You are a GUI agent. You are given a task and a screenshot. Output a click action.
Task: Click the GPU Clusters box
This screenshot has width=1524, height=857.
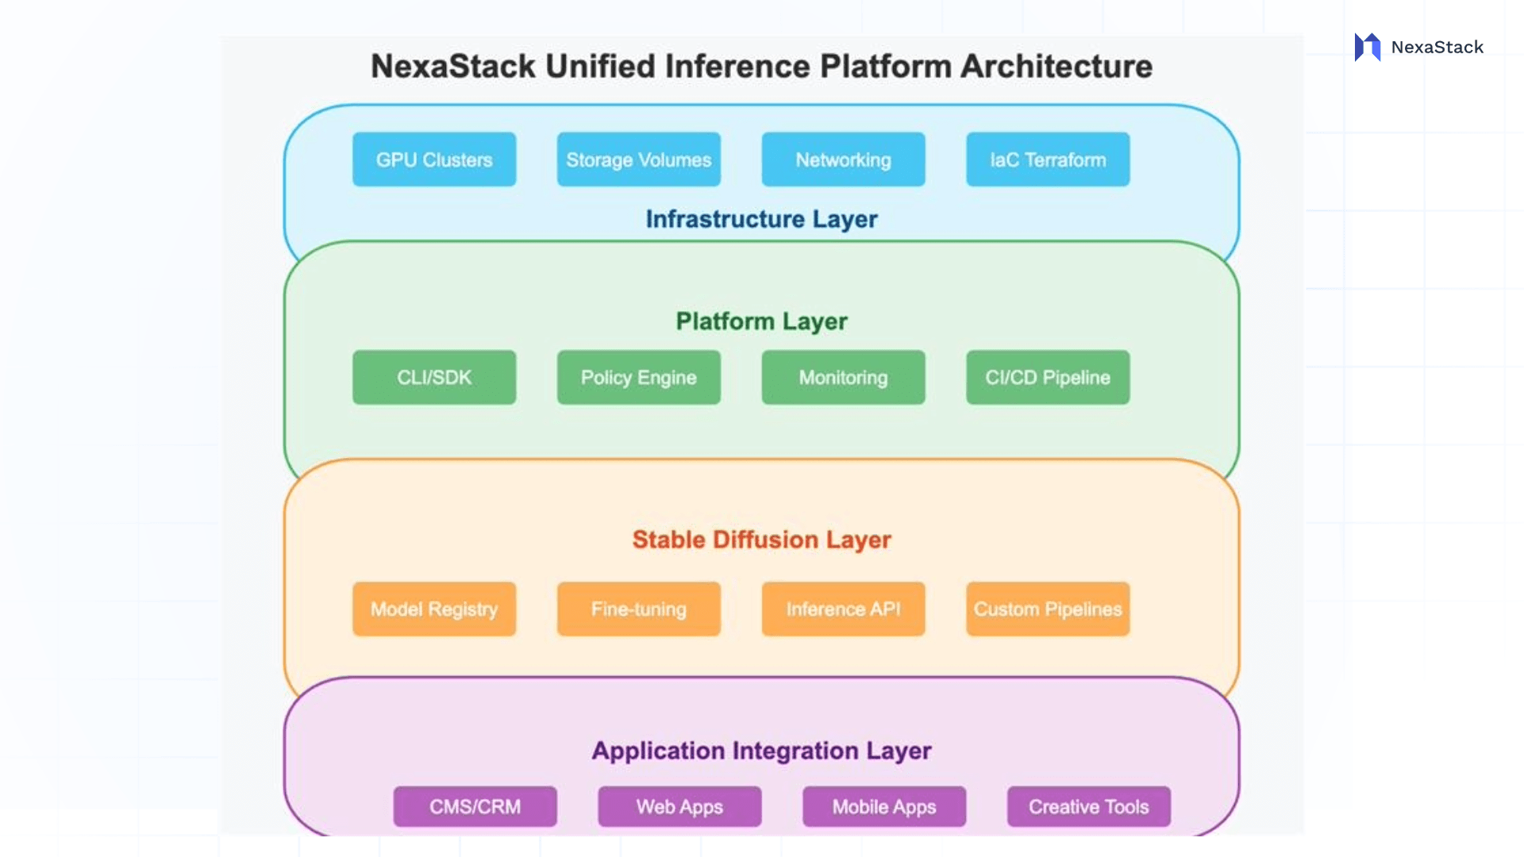pyautogui.click(x=434, y=159)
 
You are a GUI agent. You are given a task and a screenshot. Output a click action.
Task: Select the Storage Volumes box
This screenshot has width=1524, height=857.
pyautogui.click(x=638, y=159)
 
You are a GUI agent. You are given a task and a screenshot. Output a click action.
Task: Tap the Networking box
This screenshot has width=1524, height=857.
pyautogui.click(x=843, y=159)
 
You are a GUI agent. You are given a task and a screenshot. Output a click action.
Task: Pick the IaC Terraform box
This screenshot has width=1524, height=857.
pyautogui.click(x=1048, y=159)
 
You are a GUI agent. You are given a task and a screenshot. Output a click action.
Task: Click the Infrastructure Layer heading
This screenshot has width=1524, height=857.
pyautogui.click(x=761, y=219)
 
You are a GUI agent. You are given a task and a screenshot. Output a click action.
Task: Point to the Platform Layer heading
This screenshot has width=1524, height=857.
pyautogui.click(x=761, y=321)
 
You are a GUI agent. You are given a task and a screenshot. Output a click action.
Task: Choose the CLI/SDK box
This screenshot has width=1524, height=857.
pyautogui.click(x=434, y=378)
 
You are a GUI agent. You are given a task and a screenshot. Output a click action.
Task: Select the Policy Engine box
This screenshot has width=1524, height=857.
pyautogui.click(x=638, y=378)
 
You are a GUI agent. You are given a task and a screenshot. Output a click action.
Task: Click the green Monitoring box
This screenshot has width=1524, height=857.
pyautogui.click(x=843, y=378)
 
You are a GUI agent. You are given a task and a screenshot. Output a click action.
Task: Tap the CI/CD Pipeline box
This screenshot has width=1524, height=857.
pyautogui.click(x=1048, y=378)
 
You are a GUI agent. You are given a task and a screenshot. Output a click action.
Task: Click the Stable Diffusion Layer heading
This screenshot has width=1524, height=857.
pyautogui.click(x=761, y=540)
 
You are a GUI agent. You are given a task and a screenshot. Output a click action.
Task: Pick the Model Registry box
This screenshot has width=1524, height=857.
pyautogui.click(x=434, y=609)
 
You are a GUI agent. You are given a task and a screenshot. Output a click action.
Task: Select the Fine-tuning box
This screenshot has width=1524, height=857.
pyautogui.click(x=638, y=609)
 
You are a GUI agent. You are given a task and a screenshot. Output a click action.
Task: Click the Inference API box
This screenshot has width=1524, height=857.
pyautogui.click(x=843, y=609)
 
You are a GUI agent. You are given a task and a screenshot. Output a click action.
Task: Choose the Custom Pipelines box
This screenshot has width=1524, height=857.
pyautogui.click(x=1048, y=609)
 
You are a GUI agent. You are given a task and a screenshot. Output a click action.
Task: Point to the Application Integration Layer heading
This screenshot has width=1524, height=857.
pyautogui.click(x=761, y=751)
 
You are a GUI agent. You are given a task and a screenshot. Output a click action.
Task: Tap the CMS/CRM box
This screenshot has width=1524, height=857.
pyautogui.click(x=475, y=807)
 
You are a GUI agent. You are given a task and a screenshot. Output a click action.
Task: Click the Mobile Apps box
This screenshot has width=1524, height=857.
pyautogui.click(x=884, y=807)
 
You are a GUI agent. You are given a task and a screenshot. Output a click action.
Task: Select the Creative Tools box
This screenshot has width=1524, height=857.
pyautogui.click(x=1088, y=807)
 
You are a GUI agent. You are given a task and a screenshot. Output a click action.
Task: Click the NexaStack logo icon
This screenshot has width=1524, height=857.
pyautogui.click(x=1368, y=48)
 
